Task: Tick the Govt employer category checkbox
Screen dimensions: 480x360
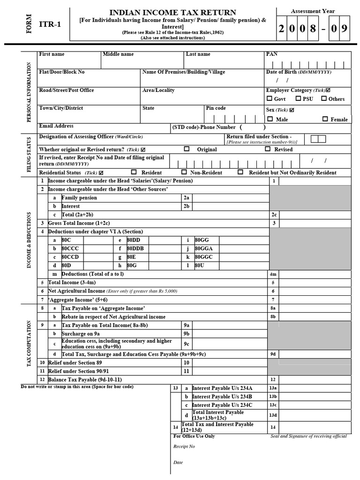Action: (x=269, y=99)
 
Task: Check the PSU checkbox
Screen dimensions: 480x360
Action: (x=298, y=99)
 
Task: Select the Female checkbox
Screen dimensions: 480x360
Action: (x=325, y=119)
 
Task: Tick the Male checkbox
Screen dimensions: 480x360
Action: (x=269, y=119)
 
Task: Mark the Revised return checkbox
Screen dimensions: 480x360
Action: (x=268, y=149)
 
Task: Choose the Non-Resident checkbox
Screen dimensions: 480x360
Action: (x=184, y=172)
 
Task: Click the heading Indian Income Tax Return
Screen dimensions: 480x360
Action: (x=172, y=13)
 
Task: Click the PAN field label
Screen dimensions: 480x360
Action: (x=272, y=54)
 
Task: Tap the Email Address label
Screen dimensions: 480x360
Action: (x=56, y=126)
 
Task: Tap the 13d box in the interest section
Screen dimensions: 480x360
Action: (x=273, y=415)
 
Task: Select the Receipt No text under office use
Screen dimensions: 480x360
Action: (x=184, y=446)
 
